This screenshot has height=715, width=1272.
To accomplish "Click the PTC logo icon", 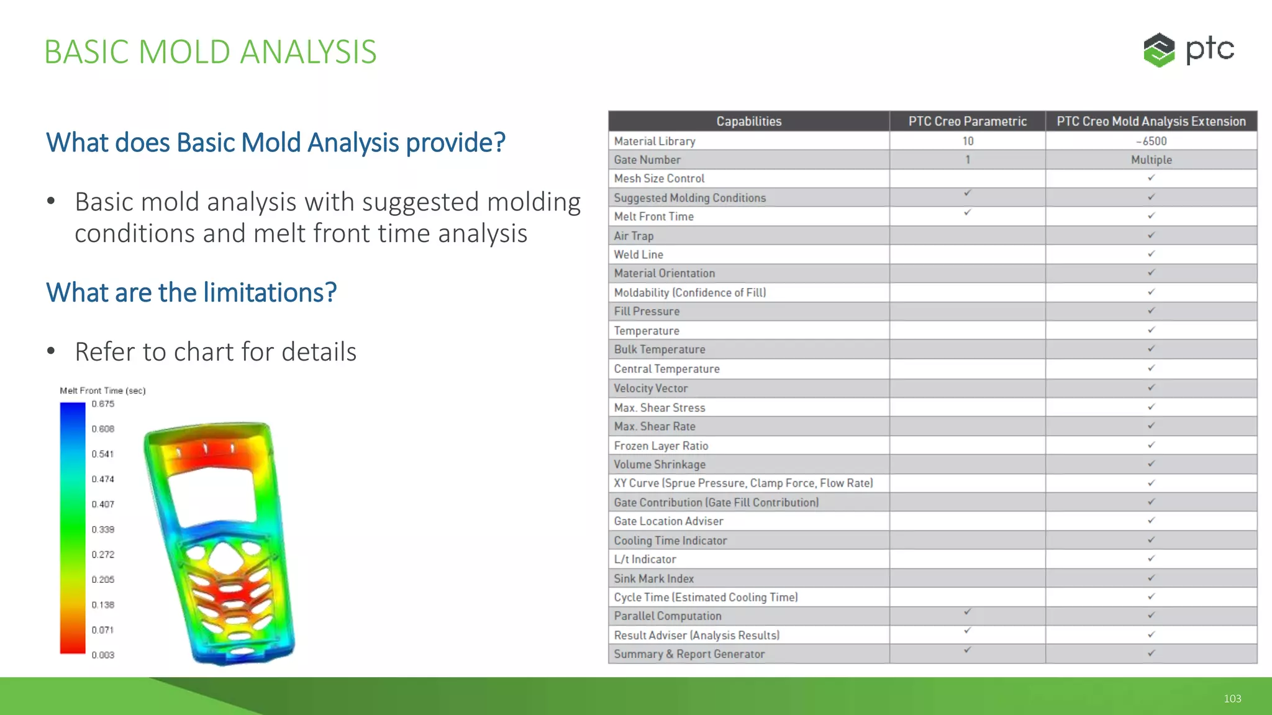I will click(1159, 50).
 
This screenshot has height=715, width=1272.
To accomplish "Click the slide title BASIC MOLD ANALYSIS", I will click(210, 52).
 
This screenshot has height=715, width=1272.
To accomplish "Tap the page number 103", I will click(1232, 699).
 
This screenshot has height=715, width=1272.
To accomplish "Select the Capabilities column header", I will click(748, 122).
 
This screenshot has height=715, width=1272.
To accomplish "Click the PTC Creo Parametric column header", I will click(967, 122).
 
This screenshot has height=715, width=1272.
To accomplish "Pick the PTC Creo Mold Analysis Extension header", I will click(1151, 122).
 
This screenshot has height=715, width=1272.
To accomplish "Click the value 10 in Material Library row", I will click(968, 141).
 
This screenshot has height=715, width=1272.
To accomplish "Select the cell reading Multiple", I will click(1151, 160).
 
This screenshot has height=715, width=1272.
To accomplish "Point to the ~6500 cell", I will click(1151, 141).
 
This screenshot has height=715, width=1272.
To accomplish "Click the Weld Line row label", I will click(638, 254).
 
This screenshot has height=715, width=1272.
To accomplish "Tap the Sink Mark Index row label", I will click(653, 578).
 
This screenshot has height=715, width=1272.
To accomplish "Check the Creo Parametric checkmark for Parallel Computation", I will click(967, 612).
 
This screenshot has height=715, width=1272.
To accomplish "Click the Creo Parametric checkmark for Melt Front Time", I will click(967, 212).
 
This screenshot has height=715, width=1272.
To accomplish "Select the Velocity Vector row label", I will click(650, 389).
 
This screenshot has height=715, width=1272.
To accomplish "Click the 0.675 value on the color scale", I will click(103, 404).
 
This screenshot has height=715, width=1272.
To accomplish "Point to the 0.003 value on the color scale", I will click(103, 655).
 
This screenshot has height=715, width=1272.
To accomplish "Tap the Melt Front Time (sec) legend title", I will click(102, 390).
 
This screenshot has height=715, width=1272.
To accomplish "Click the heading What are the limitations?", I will click(191, 292).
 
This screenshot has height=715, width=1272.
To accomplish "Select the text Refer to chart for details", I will click(216, 352).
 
